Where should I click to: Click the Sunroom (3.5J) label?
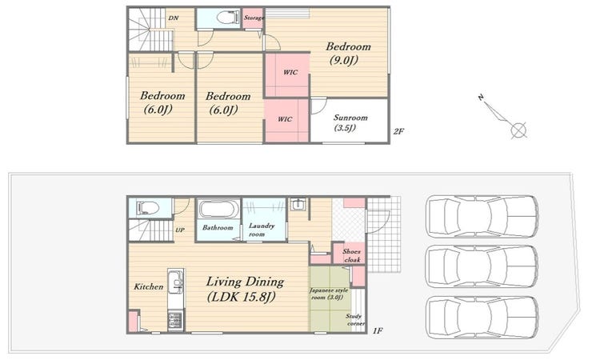[x=350, y=122]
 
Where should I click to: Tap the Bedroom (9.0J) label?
[x=348, y=54]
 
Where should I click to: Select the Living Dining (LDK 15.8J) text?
[x=245, y=290]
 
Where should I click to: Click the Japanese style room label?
[x=329, y=294]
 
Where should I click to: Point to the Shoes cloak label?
[x=352, y=255]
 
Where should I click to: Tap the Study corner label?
[x=355, y=320]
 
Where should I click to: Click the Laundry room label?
[x=262, y=230]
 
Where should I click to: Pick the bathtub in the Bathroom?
[x=219, y=209]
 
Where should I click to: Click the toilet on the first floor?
[x=148, y=208]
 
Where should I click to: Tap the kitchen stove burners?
[x=175, y=320]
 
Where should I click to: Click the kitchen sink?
[x=175, y=281]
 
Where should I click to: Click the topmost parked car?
[x=482, y=217]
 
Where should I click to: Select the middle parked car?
[x=482, y=266]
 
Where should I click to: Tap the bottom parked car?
[x=482, y=317]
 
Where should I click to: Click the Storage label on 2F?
[x=254, y=18]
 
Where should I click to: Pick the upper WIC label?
[x=290, y=72]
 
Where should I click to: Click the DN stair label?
[x=174, y=18]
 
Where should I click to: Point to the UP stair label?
[x=180, y=230]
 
